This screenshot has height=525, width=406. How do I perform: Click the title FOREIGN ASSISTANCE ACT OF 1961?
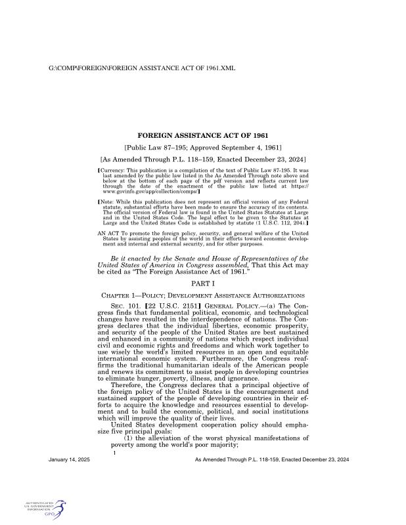(x=203, y=136)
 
